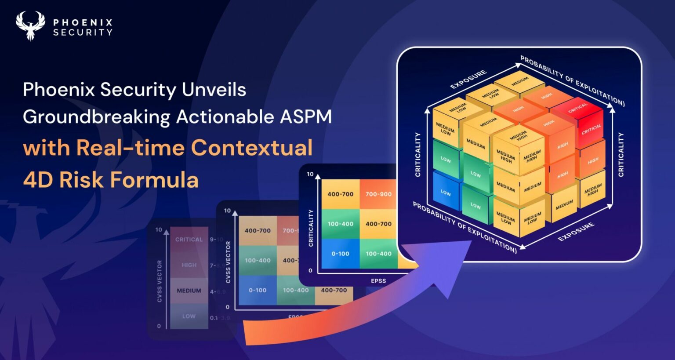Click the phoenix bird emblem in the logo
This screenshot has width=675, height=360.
(30, 25)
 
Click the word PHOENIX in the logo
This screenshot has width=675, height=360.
(83, 22)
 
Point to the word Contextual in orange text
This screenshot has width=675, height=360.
(251, 148)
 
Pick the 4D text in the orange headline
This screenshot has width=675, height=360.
(37, 180)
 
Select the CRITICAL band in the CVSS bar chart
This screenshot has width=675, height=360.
(189, 240)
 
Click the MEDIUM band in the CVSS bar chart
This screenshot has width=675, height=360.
(189, 291)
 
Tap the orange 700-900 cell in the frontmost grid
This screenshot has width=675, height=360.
(378, 194)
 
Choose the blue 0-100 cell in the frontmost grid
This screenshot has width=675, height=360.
(340, 254)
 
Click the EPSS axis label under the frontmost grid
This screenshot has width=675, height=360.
(378, 281)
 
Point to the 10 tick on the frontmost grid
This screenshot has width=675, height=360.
(310, 174)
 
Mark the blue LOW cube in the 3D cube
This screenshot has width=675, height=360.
(446, 193)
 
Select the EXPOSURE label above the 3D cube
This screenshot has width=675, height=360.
(468, 79)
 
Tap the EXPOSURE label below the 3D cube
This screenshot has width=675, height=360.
(576, 232)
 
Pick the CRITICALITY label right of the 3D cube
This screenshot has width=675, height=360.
(621, 155)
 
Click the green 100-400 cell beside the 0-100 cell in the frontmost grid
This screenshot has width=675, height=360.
(378, 254)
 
